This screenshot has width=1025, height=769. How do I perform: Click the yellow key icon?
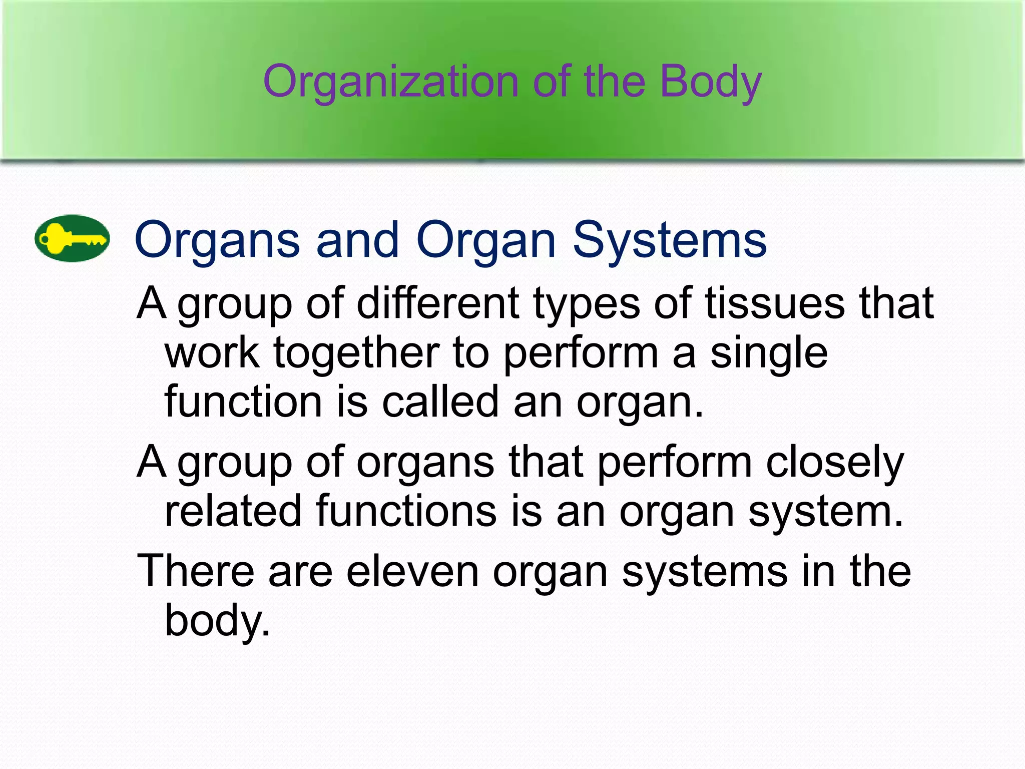click(x=72, y=239)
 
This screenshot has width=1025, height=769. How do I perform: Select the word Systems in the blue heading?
click(x=669, y=241)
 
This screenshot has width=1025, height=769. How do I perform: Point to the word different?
click(x=438, y=303)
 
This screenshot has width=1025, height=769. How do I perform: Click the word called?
click(x=440, y=402)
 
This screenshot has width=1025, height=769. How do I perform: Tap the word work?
click(x=212, y=353)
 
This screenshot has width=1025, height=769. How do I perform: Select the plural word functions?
click(x=406, y=511)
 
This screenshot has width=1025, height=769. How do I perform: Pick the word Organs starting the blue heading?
click(x=217, y=241)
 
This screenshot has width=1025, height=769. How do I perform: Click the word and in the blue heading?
click(x=358, y=240)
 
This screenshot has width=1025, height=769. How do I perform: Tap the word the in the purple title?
click(x=614, y=82)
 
